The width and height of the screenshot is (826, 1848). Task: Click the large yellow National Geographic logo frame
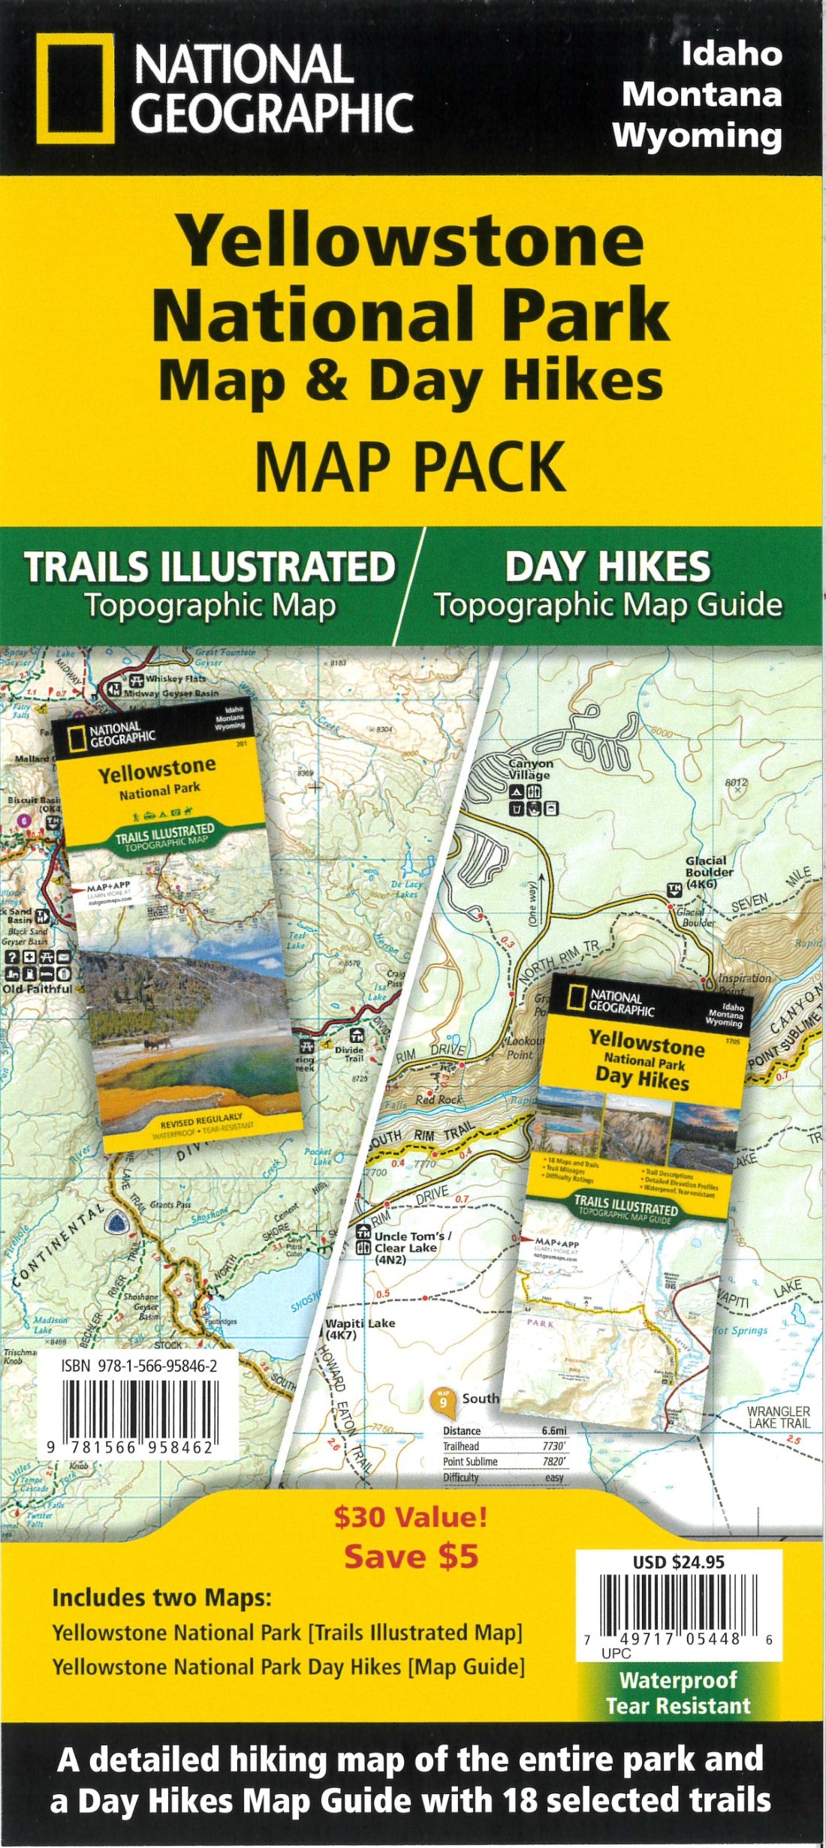click(74, 92)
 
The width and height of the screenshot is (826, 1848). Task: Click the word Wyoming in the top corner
click(697, 136)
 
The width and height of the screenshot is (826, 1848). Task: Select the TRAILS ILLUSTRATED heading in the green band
click(210, 567)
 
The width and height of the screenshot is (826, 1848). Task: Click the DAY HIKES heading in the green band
click(607, 566)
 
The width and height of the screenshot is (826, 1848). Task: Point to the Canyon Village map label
click(531, 769)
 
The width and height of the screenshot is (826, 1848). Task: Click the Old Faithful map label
click(38, 988)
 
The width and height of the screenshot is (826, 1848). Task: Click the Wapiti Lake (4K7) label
click(360, 1329)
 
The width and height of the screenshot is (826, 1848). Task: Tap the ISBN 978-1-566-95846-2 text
click(139, 1367)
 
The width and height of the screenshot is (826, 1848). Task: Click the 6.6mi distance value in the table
click(553, 1431)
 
